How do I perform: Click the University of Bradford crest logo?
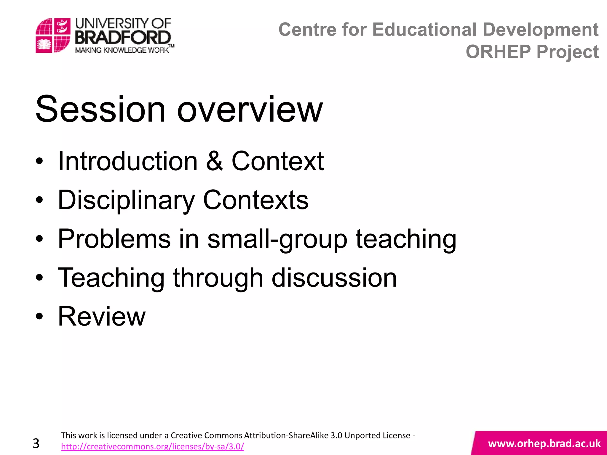coord(53,35)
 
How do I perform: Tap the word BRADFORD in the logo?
coord(123,38)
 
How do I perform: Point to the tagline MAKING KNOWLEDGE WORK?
coord(122,50)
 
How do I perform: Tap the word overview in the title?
coord(250,110)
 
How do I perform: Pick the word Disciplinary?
coord(126,201)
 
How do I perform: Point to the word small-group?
coord(277,239)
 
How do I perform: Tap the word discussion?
coord(334,278)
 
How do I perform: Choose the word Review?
coord(102,316)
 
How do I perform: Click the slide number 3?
coord(36,443)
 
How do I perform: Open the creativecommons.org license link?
coord(152,446)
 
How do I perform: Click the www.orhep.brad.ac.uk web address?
coord(544,443)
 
